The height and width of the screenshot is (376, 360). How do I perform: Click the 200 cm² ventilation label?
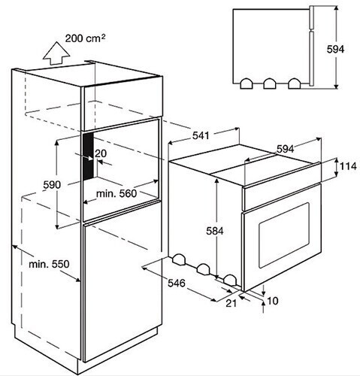click(x=85, y=38)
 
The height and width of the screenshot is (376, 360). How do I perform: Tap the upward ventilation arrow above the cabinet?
click(x=56, y=53)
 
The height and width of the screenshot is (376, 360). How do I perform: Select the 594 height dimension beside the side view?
click(x=335, y=50)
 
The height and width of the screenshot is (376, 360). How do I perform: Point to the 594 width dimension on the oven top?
click(x=285, y=149)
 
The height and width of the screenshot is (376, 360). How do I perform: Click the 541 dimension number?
click(x=201, y=135)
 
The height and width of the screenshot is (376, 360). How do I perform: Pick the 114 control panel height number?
click(x=348, y=166)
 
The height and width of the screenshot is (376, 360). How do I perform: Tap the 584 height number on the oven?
click(x=215, y=231)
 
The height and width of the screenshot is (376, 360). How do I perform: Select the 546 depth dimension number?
click(x=177, y=284)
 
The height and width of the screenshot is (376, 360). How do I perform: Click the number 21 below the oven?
click(x=231, y=303)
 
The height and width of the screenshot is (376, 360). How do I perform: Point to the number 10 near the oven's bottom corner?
click(x=273, y=301)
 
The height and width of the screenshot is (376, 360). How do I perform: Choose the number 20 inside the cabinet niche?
click(x=101, y=153)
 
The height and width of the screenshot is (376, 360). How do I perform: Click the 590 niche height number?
click(x=52, y=185)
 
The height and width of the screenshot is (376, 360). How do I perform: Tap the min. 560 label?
click(x=116, y=193)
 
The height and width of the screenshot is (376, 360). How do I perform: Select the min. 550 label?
click(x=49, y=264)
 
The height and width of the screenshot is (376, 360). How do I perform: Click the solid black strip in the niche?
click(x=88, y=156)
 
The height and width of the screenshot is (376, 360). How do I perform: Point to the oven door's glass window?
click(x=284, y=235)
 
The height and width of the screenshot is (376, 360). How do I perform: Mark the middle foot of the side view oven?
click(x=270, y=84)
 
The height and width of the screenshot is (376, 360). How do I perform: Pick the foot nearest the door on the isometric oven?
click(x=229, y=280)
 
